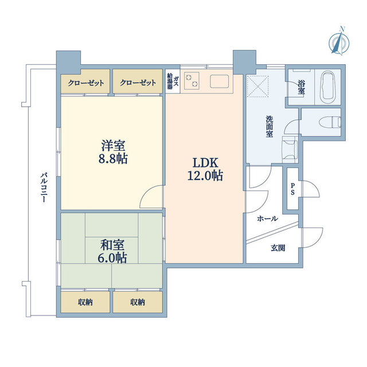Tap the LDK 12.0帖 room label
(204, 168)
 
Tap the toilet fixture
(332, 122)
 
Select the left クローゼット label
(86, 83)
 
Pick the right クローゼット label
(138, 83)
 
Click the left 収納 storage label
(85, 302)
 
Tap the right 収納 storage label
(137, 302)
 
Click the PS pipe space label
(292, 189)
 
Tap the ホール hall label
(267, 218)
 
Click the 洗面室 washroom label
(269, 126)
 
